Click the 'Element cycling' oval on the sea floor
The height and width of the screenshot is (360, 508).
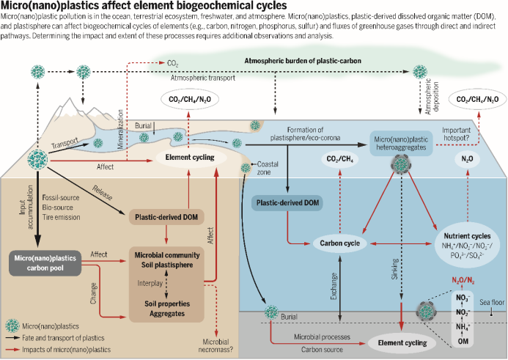[397, 342]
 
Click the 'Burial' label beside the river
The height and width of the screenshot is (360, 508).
[144, 126]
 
